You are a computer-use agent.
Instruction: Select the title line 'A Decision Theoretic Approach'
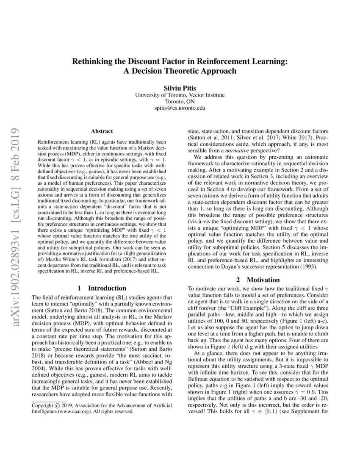click(x=180, y=71)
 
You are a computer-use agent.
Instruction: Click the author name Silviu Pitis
click(x=180, y=88)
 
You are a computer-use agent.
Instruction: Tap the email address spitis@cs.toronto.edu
click(x=180, y=108)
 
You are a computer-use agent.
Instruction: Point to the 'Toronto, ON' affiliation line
click(x=180, y=102)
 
